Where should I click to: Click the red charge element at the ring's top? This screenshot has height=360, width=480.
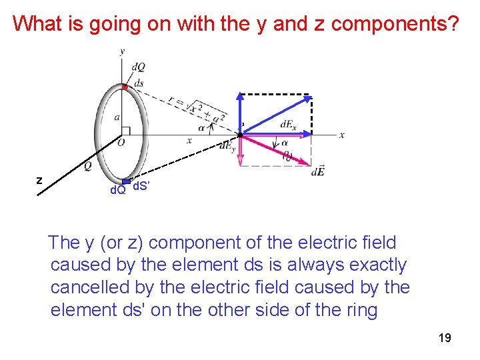click(x=124, y=86)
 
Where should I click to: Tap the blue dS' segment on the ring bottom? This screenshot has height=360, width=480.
click(x=126, y=181)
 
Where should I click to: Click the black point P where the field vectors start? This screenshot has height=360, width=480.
click(x=240, y=134)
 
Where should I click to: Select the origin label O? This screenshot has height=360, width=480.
click(x=121, y=142)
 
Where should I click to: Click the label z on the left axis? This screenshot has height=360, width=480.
click(x=39, y=180)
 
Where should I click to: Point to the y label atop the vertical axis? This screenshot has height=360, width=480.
click(x=122, y=51)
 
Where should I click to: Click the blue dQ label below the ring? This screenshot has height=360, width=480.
click(x=118, y=190)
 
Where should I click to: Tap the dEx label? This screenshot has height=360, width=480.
click(x=288, y=125)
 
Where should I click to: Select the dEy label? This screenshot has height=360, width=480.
click(x=227, y=147)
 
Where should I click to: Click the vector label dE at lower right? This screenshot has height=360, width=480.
click(x=318, y=173)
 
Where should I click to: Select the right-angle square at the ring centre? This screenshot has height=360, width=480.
click(x=125, y=131)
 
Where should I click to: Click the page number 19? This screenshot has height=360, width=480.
click(x=445, y=339)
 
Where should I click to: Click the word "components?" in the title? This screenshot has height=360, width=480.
click(x=395, y=24)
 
